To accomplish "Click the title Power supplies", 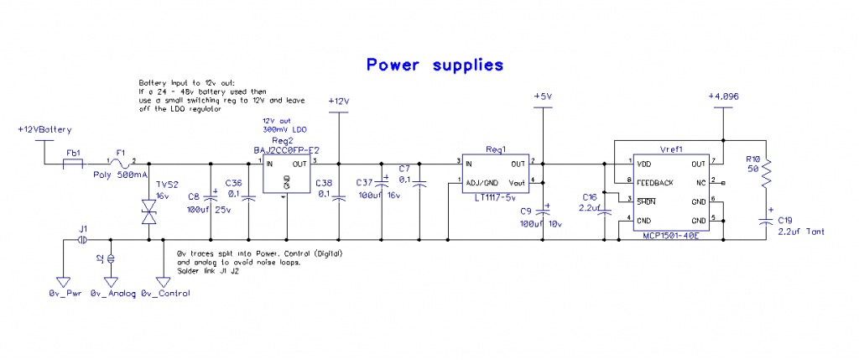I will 435,65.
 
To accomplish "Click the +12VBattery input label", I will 44,130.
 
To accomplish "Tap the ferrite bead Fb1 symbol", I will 74,163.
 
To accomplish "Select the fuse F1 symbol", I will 122,163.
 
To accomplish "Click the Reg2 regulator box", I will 286,175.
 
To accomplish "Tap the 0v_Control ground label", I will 165,293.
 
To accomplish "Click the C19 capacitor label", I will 784,219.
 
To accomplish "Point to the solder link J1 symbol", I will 82,240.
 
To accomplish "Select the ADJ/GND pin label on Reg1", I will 480,182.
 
